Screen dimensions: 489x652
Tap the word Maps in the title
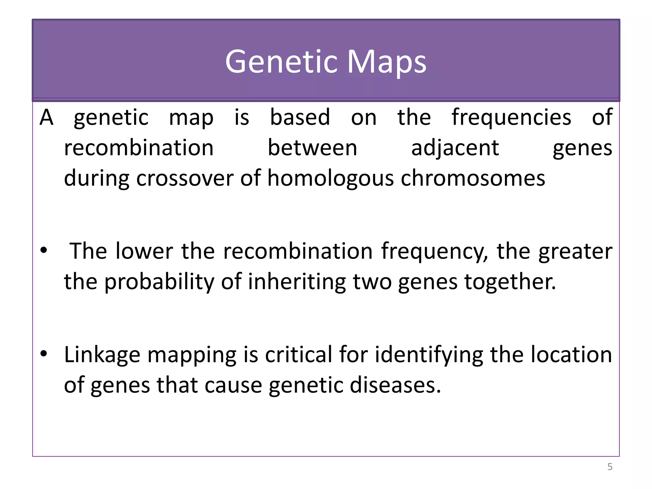coord(386,62)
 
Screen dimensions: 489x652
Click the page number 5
coord(610,467)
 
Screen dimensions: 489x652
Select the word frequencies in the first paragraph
coord(511,118)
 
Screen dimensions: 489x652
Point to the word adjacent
coord(455,148)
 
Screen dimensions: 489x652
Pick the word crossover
coord(185,178)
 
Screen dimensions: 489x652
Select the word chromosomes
coord(473,178)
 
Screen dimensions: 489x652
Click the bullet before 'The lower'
coord(44,250)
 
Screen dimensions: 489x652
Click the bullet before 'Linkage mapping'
coord(44,353)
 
